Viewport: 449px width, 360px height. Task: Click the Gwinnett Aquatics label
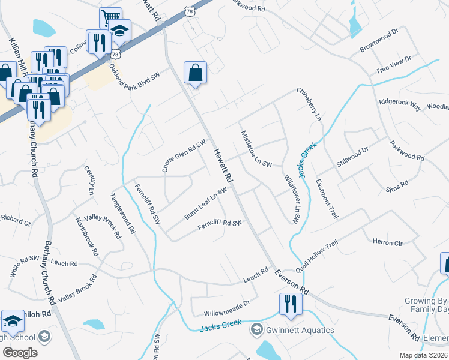(301, 330)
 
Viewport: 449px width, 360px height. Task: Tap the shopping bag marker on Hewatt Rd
(196, 73)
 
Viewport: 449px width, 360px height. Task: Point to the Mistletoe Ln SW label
(256, 149)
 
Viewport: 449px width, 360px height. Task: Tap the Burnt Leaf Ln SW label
(205, 203)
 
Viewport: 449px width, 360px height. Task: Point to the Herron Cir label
(387, 242)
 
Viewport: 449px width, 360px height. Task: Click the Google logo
(20, 352)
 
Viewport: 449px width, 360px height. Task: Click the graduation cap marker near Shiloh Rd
(12, 321)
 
